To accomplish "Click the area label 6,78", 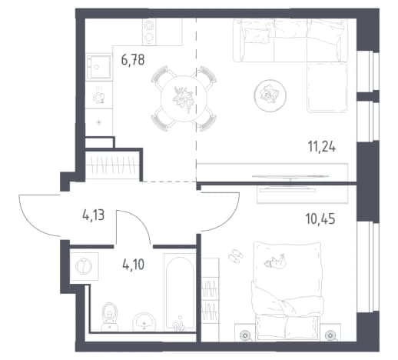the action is (133, 60).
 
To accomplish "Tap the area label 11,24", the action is (322, 147).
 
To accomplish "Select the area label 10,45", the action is (320, 219).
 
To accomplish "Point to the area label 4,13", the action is (94, 215).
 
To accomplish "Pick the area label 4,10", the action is (134, 265).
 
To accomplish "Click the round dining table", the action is (184, 98).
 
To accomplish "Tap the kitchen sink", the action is (99, 67).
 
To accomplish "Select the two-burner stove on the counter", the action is (149, 32).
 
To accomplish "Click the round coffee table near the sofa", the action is (270, 95).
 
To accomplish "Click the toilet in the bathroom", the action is (110, 316).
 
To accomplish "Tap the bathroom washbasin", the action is (144, 322).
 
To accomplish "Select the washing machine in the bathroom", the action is (84, 266).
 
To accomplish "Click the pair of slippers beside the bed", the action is (236, 255).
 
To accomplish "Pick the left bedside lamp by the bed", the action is (245, 335).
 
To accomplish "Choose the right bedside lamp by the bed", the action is (330, 335).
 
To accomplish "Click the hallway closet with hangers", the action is (112, 165).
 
